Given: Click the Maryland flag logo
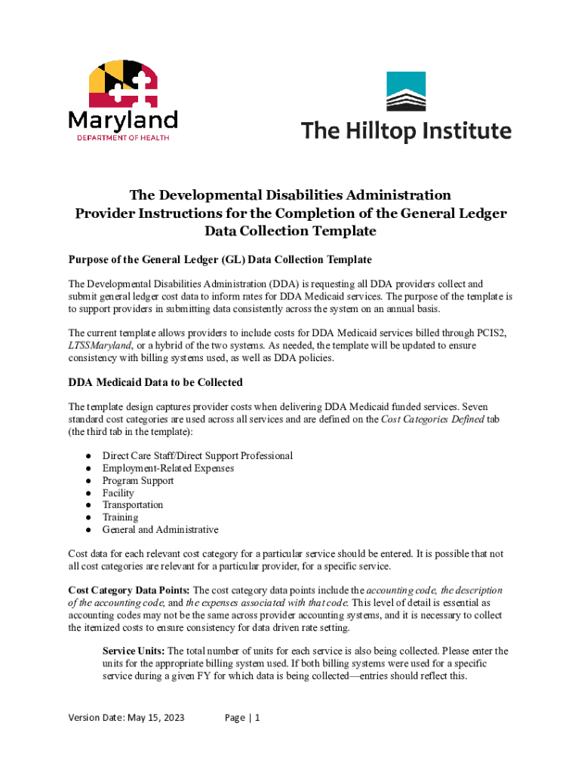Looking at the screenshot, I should [123, 83].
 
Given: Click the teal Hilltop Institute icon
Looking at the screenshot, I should [406, 91].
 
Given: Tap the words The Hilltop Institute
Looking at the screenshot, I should [407, 130].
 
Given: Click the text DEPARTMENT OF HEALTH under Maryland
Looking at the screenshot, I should [123, 137].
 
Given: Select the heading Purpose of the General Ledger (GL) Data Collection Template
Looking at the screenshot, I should [220, 259].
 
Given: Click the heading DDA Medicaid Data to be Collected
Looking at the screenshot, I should [155, 382].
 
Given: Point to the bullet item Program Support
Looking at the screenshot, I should [138, 480].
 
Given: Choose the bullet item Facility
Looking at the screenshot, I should [118, 493].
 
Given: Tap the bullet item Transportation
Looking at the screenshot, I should [133, 505].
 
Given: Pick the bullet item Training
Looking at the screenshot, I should [121, 517].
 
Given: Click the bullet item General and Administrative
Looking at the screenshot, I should [161, 529].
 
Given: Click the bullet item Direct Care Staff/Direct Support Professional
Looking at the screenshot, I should [198, 455].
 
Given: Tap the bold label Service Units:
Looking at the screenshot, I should [133, 651].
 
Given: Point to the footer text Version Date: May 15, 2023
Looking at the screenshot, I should [126, 718].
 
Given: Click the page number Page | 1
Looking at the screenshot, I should [242, 718].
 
